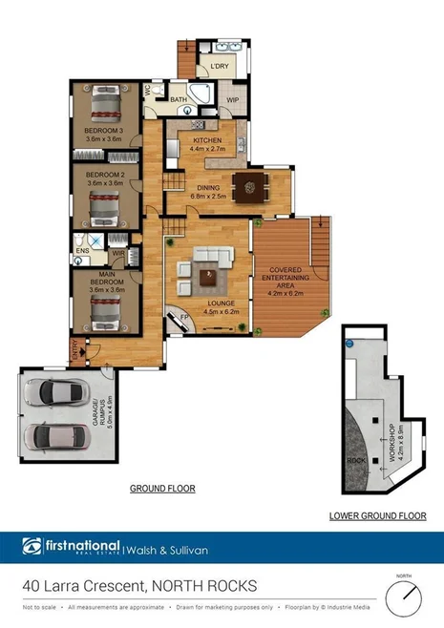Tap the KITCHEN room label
207,140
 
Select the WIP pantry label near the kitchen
232,98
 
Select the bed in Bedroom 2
102,203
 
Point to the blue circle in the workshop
349,342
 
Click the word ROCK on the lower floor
356,460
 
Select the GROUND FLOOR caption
162,488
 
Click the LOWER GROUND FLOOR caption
377,515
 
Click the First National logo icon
32,547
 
